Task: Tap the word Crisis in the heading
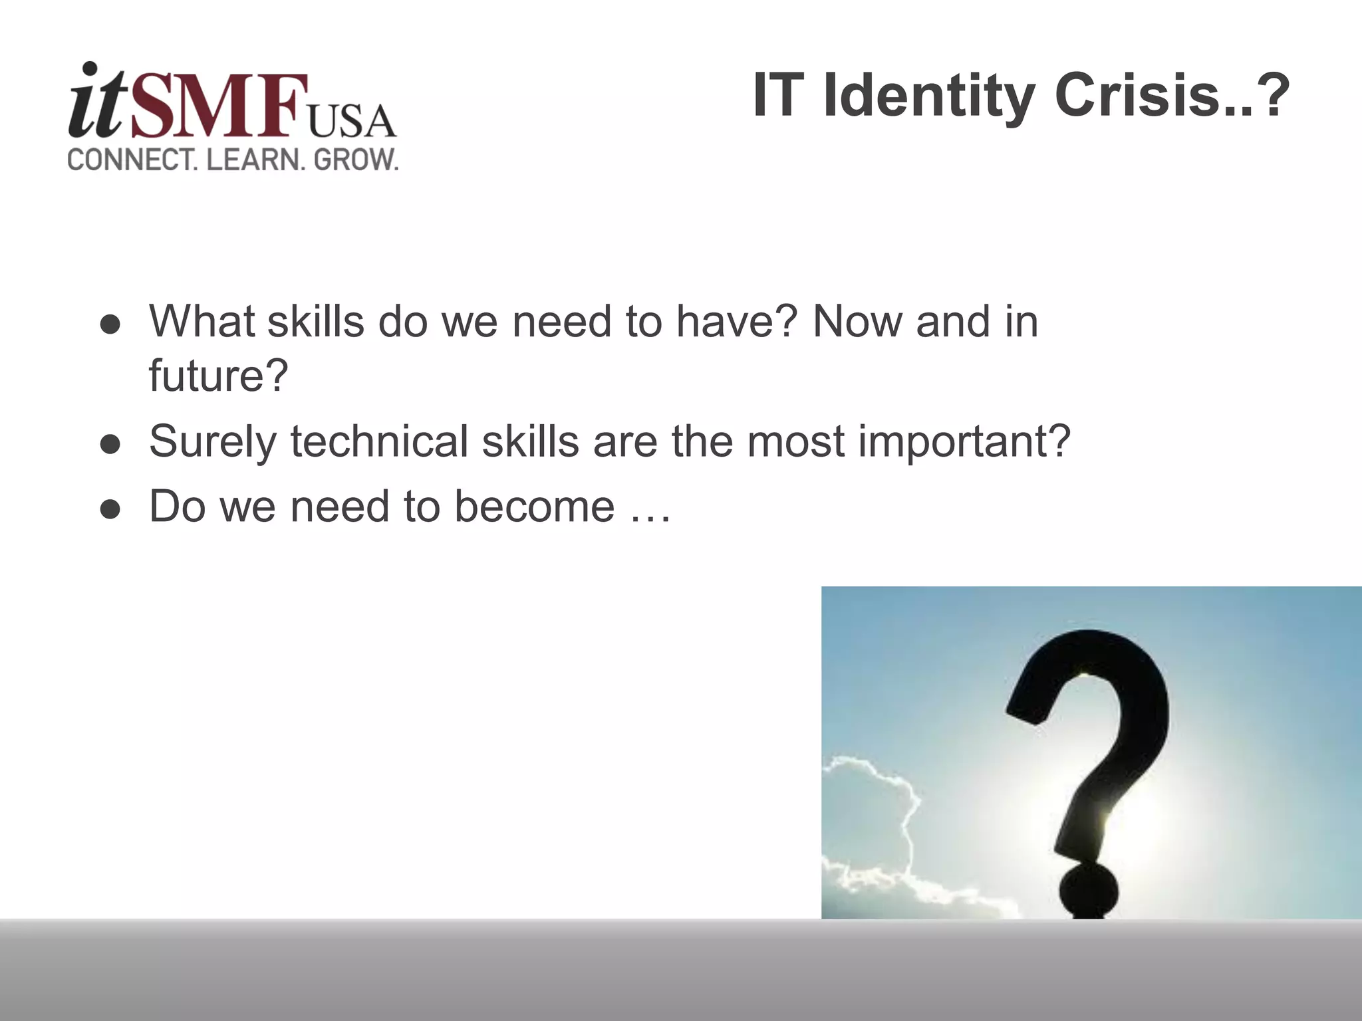(x=1137, y=96)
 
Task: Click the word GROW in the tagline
(x=355, y=160)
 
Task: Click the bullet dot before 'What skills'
(x=110, y=325)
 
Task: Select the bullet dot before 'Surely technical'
(x=110, y=444)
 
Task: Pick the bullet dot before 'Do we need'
(x=110, y=509)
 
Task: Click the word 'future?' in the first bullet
(x=218, y=376)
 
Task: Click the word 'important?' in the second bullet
(x=964, y=442)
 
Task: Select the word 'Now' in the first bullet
(x=855, y=322)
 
